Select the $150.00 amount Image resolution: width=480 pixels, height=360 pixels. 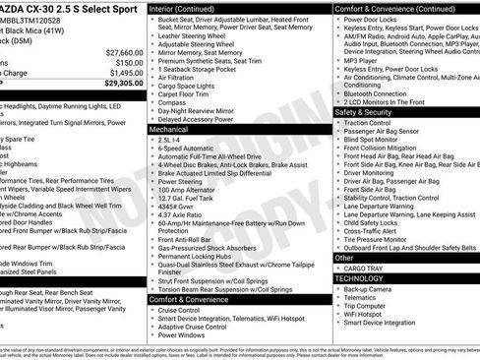(x=129, y=62)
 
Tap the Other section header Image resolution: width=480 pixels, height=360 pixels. (x=344, y=258)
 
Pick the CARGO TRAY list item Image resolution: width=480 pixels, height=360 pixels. (x=363, y=268)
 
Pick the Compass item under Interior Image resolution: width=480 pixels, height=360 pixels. (x=173, y=101)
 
